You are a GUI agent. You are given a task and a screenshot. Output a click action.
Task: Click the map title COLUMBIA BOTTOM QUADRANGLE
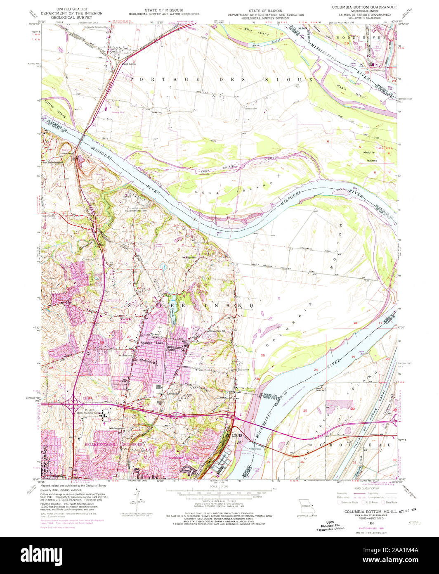(x=364, y=7)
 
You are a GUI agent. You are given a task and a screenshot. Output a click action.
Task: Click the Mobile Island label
(x=370, y=156)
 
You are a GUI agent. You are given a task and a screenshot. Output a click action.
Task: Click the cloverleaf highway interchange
(x=73, y=403)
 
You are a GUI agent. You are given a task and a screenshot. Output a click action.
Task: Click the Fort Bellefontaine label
(x=54, y=162)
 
